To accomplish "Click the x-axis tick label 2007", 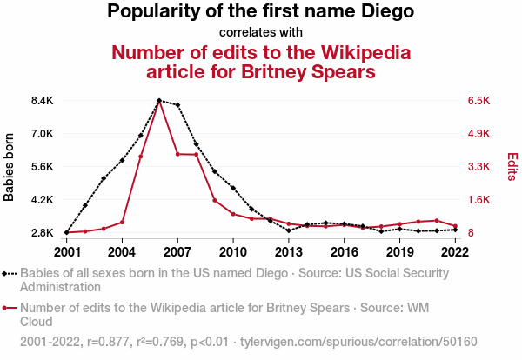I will pyautogui.click(x=177, y=252).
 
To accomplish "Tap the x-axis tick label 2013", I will pyautogui.click(x=289, y=252).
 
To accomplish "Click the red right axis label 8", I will pyautogui.click(x=471, y=233).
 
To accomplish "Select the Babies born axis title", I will pyautogui.click(x=10, y=167).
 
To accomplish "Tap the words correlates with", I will pyautogui.click(x=261, y=32).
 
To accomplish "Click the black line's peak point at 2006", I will pyautogui.click(x=159, y=101).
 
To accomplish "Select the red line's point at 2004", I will pyautogui.click(x=122, y=222).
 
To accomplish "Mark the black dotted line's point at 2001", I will pyautogui.click(x=67, y=233).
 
